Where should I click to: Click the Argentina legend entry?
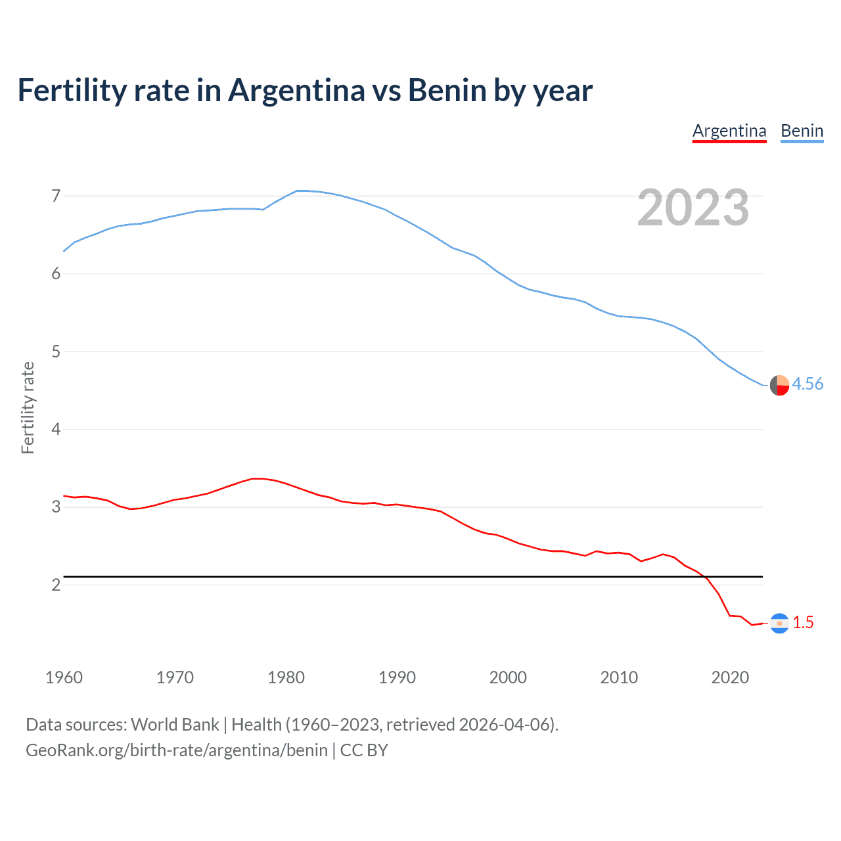[x=729, y=131]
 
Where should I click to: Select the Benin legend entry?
[x=802, y=131]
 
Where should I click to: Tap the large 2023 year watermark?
[x=693, y=208]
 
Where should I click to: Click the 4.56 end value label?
[x=807, y=384]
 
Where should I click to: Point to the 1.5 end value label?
[x=803, y=622]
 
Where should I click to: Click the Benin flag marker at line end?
[x=779, y=385]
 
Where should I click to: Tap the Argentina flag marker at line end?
[x=779, y=623]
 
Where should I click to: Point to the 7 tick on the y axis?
[x=56, y=196]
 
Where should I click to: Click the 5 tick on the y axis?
[x=56, y=352]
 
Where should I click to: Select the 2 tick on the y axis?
[x=56, y=585]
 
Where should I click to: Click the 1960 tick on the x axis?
[x=64, y=677]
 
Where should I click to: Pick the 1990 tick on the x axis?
[x=397, y=677]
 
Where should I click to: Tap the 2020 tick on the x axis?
[x=730, y=677]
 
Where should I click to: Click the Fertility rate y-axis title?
[x=28, y=407]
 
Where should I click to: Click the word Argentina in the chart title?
[x=296, y=90]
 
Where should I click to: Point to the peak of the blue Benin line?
[x=300, y=191]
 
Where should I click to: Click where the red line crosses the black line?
[x=704, y=577]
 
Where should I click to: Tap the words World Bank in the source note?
[x=175, y=725]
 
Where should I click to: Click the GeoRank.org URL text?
[x=177, y=750]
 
